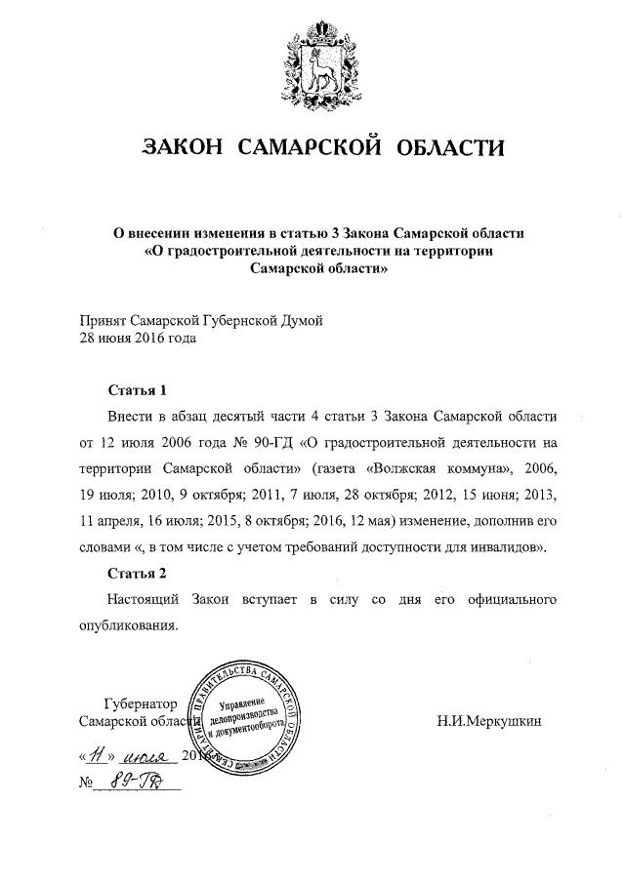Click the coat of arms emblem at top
coord(312,64)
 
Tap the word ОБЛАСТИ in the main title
coord(450,148)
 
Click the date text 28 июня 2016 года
coord(137,339)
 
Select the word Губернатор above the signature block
coord(141,702)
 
